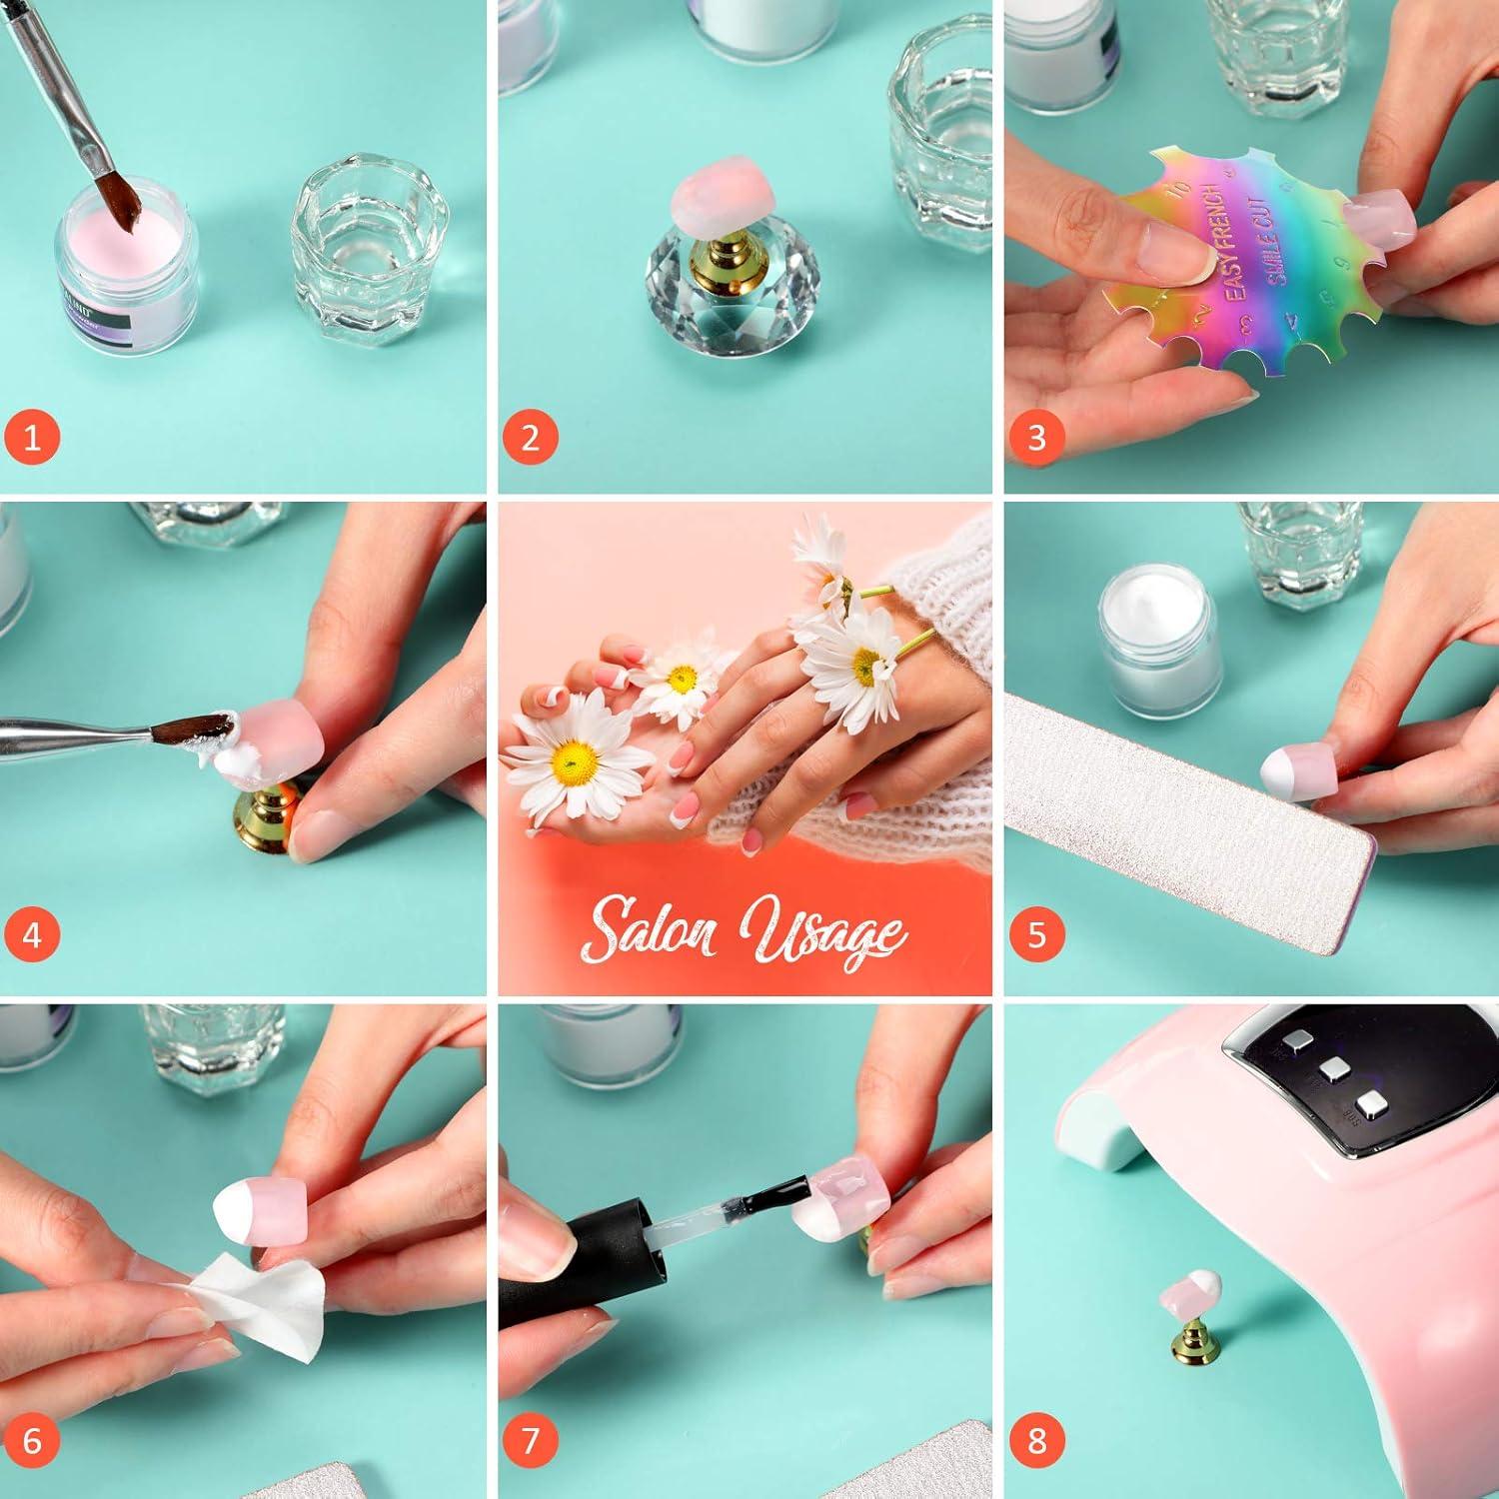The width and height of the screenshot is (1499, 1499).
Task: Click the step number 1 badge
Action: (x=32, y=438)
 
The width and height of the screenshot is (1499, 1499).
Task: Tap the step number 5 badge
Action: (x=1036, y=934)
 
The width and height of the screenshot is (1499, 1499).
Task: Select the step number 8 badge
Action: (x=1036, y=1440)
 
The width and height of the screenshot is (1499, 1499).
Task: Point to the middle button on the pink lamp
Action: (x=1332, y=1069)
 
